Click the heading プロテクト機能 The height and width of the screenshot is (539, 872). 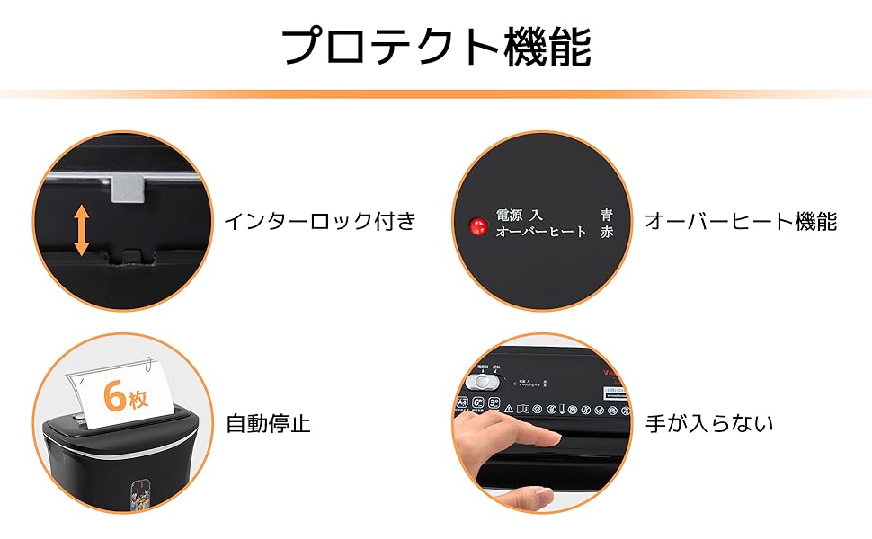click(437, 47)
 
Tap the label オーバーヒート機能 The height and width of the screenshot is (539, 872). click(741, 221)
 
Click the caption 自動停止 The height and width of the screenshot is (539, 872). click(268, 424)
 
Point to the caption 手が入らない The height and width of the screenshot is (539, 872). click(709, 424)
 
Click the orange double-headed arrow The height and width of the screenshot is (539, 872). click(81, 230)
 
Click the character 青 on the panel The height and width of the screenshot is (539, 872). click(607, 215)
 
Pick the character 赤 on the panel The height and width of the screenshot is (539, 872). click(607, 232)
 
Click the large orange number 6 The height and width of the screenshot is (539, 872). click(115, 394)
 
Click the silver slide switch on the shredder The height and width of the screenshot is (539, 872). click(485, 382)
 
